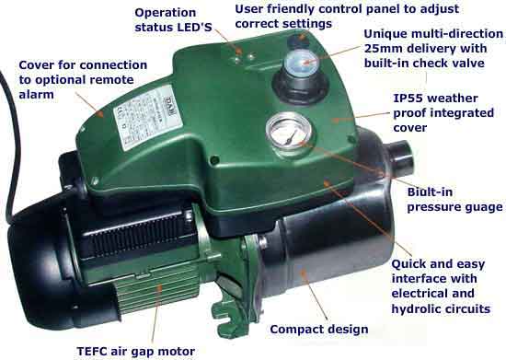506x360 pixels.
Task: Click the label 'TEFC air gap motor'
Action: (x=136, y=352)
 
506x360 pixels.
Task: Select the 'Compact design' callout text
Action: (x=319, y=330)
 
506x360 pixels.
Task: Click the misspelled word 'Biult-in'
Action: (x=430, y=192)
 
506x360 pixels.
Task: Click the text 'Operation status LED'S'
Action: (x=173, y=19)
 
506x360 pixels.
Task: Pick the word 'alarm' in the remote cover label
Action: (x=36, y=95)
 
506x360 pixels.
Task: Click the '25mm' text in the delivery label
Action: (x=383, y=49)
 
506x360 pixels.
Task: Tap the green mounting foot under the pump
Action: (x=231, y=311)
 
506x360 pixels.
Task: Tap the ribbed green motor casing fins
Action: (x=158, y=291)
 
